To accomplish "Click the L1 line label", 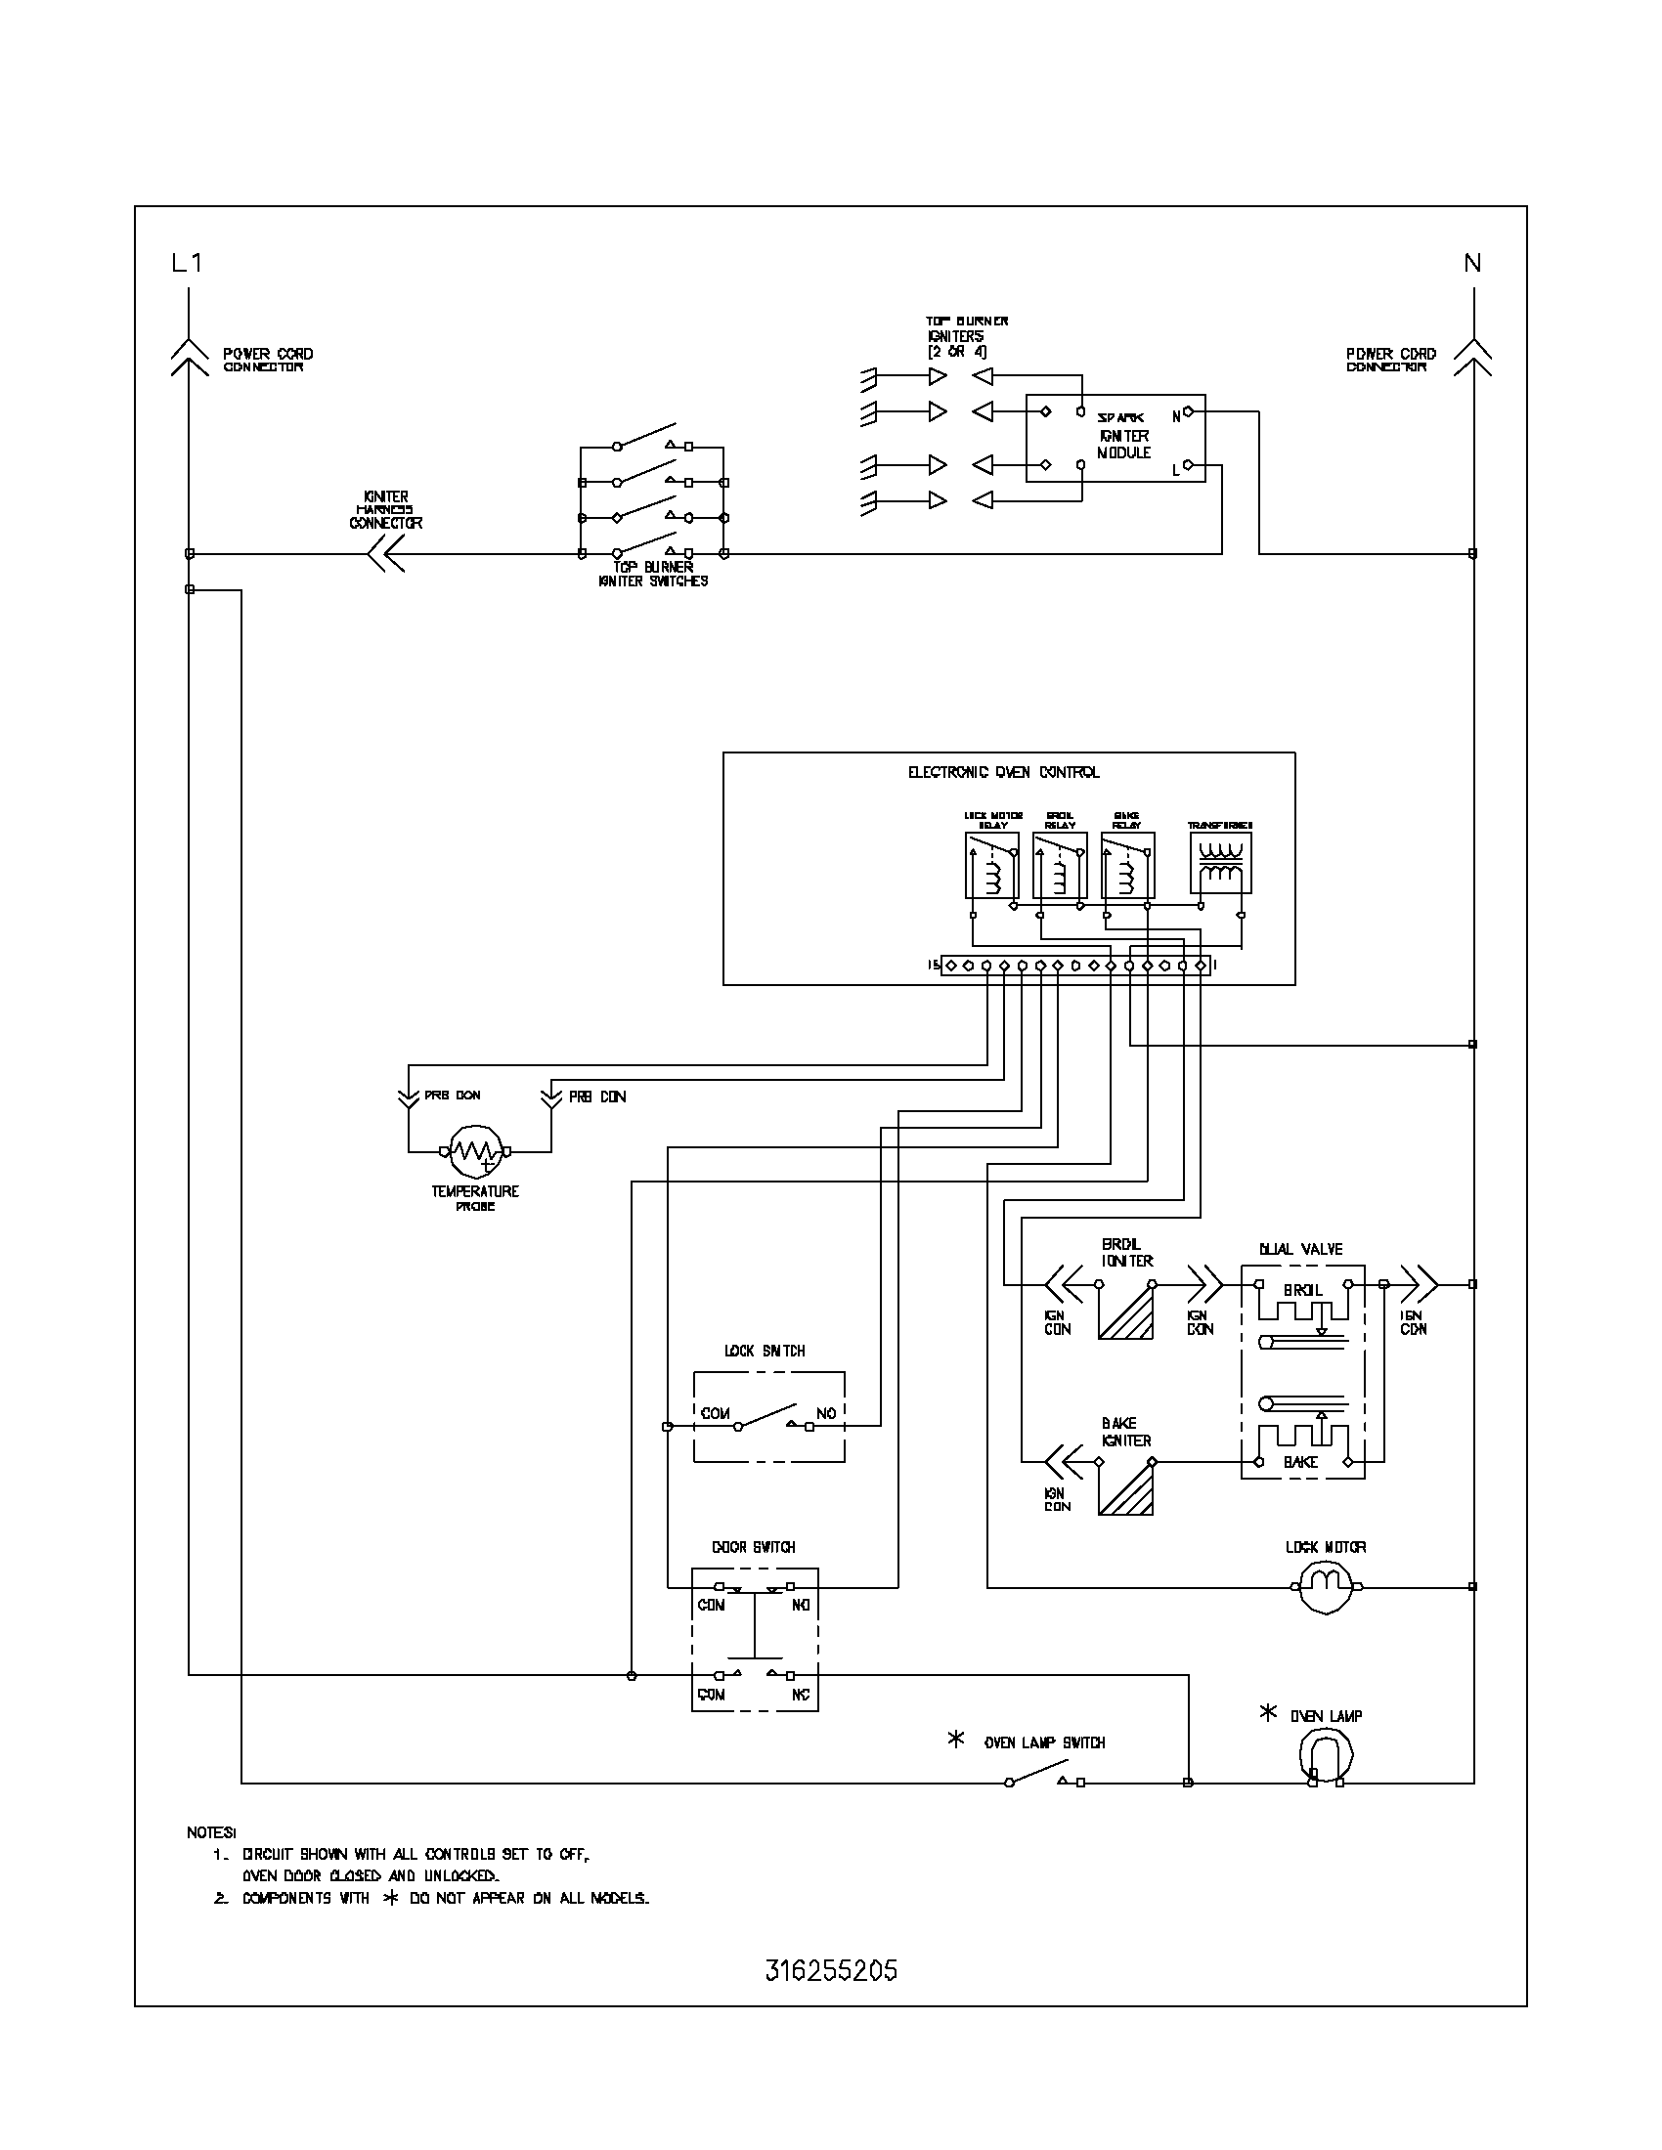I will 187,263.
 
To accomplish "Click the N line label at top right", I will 1472,263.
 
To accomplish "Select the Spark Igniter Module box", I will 1115,438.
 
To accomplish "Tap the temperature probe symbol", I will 474,1151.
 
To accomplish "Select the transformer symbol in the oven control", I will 1220,862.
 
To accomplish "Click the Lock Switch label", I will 765,1351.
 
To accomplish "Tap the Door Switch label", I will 753,1547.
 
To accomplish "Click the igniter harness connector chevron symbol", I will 385,554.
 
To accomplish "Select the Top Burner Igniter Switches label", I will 653,574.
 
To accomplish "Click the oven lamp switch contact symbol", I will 1044,1781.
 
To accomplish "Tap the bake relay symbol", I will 1127,865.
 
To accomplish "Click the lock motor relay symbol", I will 991,865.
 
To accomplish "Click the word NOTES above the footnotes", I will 212,1832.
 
